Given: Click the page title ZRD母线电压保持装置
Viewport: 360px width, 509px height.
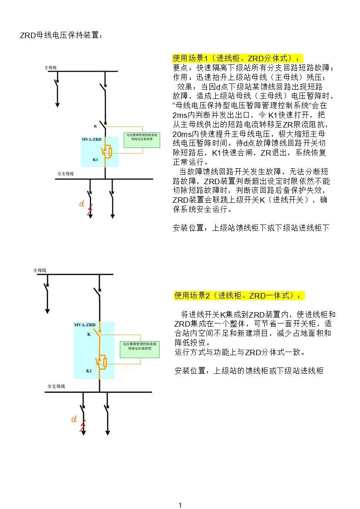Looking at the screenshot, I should [61, 35].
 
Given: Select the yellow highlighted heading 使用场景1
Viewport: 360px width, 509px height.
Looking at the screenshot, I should [236, 59].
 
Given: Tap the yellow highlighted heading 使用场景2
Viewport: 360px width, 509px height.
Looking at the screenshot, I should [238, 296].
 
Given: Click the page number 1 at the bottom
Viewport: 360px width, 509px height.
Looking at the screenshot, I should [180, 505].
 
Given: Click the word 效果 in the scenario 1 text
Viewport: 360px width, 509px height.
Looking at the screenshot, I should [186, 87].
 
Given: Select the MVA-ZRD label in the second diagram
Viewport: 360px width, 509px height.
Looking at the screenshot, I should [85, 325].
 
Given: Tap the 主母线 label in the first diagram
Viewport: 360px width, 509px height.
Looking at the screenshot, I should [50, 68].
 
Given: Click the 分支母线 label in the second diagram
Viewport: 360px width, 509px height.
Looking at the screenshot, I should [56, 387].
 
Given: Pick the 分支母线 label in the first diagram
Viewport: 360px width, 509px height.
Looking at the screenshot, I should [65, 174].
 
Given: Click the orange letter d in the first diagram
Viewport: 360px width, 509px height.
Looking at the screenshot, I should [82, 204].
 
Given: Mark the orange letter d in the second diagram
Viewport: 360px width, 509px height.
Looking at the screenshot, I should [74, 419].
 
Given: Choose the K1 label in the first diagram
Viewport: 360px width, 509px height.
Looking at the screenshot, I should [95, 160].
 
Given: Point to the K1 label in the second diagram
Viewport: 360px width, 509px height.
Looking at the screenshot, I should [89, 371].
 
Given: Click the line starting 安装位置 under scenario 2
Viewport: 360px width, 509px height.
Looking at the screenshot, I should [249, 371].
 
